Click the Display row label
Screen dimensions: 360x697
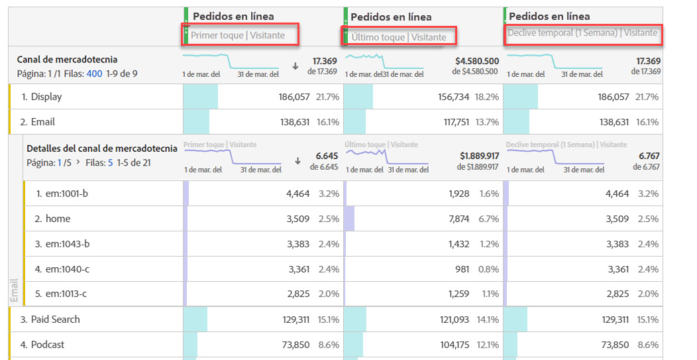[x=46, y=97]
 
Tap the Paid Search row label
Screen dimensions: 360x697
[x=55, y=320]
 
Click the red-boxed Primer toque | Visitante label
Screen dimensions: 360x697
[x=238, y=35]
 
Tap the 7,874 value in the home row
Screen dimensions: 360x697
[x=458, y=219]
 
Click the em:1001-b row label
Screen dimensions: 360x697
[x=66, y=194]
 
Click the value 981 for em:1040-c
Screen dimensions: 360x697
[x=461, y=269]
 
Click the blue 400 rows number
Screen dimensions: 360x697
[x=94, y=74]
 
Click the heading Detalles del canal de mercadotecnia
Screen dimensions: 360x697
[x=102, y=149]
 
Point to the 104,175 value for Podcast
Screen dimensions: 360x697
[x=453, y=345]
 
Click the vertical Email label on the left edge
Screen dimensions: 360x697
[x=15, y=290]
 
